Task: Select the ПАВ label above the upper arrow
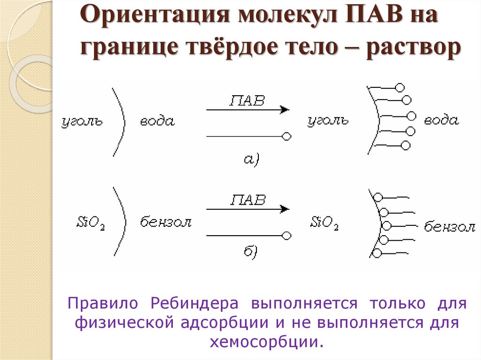pos(247,101)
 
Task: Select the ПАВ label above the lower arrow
pos(248,199)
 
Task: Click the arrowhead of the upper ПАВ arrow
pos(284,110)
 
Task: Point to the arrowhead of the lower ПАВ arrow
pos(284,208)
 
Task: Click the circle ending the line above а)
pos(286,137)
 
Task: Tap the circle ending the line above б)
pos(287,235)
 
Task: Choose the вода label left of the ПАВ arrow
pos(157,122)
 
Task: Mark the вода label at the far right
pos(441,120)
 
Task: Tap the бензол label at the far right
pos(450,227)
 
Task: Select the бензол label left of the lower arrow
pos(166,222)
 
